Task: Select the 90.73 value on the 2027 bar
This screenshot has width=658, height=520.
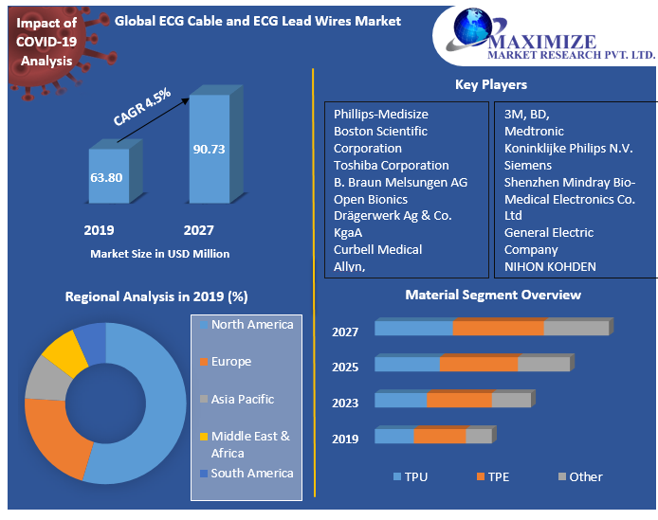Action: coord(209,149)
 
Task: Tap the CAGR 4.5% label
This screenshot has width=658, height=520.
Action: coord(142,107)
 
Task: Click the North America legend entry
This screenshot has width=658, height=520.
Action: coord(251,325)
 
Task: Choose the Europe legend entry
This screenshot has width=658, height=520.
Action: coord(230,362)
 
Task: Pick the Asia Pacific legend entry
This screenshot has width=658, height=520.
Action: coord(242,399)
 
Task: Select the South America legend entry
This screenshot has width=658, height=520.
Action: coord(251,474)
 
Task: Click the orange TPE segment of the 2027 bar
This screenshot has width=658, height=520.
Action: coord(498,328)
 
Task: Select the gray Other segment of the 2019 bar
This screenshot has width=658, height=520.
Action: coord(479,436)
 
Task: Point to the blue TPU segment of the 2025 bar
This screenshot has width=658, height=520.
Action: coord(408,364)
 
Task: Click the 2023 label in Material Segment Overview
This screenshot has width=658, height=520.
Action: coord(345,403)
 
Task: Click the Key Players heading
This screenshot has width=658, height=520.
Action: coord(491,85)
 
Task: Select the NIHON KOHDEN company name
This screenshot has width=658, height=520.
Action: coord(550,266)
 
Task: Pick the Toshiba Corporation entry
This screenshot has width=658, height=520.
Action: coord(391,165)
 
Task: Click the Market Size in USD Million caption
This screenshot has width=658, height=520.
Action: coord(159,254)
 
